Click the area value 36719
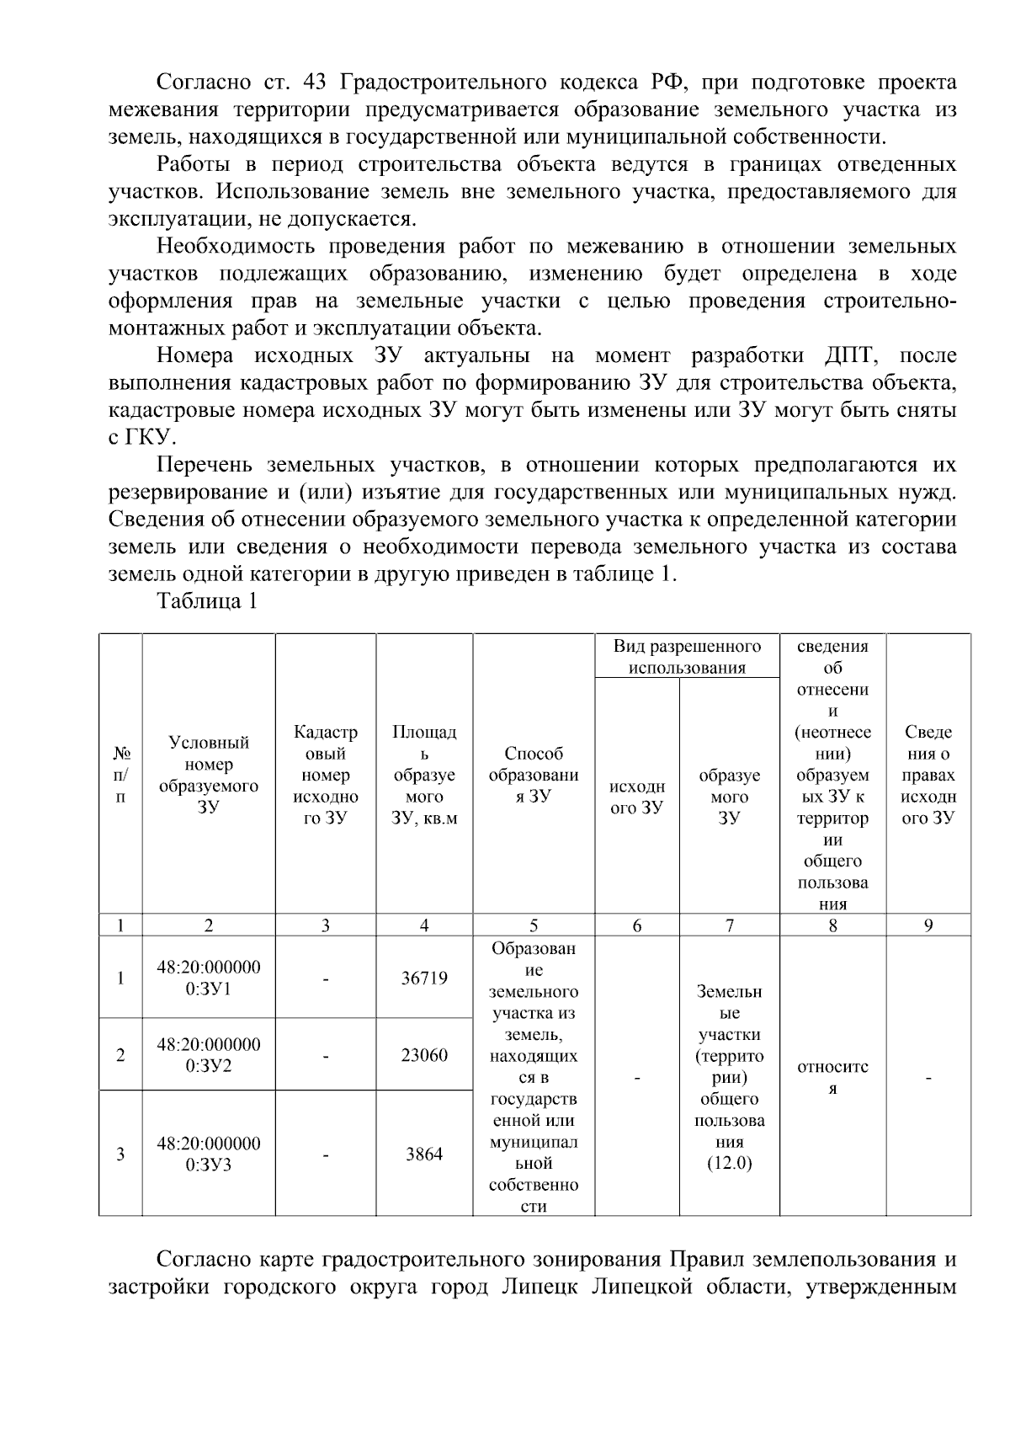424,978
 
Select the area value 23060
424,1055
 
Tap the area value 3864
424,1154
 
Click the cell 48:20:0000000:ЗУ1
209,978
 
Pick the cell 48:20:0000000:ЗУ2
209,1055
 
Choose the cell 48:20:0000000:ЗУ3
209,1154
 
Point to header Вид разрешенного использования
687,657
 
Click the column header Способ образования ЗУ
534,775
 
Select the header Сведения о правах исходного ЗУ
928,775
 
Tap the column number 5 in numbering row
534,925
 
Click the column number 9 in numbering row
928,925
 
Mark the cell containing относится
832,1077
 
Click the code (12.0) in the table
730,1164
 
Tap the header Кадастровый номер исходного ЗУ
325,775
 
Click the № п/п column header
120,775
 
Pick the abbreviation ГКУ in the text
148,438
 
